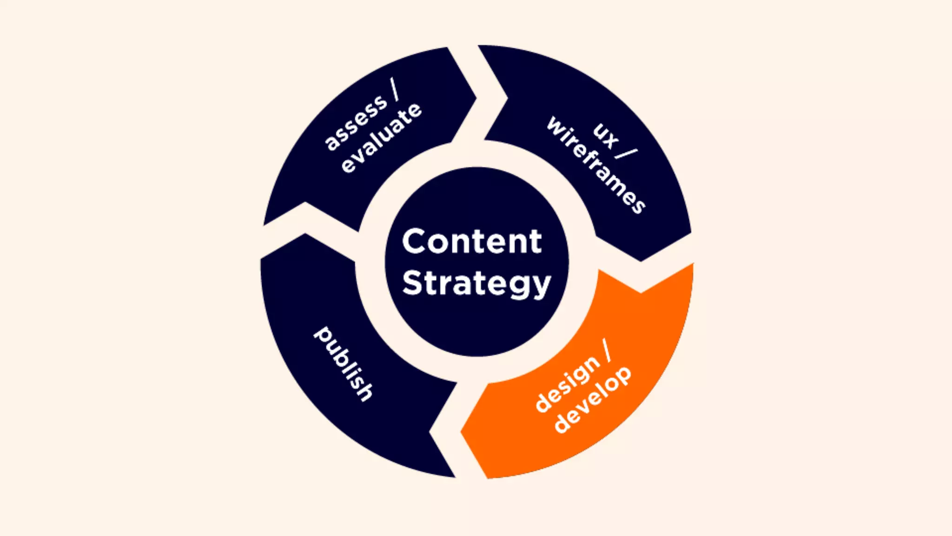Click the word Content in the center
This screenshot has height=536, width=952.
pos(472,241)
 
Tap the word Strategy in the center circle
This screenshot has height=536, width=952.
pos(476,283)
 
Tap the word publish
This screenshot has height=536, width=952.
pos(344,363)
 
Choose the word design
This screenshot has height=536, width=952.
pos(568,383)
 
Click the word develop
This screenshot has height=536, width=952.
pos(593,400)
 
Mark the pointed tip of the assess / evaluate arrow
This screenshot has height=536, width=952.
pos(476,97)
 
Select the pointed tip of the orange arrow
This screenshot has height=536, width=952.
pos(462,432)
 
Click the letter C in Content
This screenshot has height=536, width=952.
pos(416,241)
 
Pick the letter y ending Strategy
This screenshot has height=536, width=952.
pos(542,287)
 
